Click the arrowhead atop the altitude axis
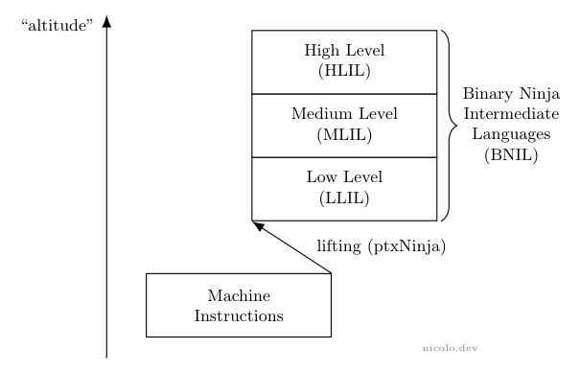click(x=107, y=18)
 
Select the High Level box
click(x=343, y=61)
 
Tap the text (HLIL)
click(x=343, y=71)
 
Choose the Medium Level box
click(x=343, y=125)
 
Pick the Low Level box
click(x=343, y=189)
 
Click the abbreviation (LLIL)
click(x=343, y=198)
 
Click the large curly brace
click(x=448, y=125)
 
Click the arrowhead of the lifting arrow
click(x=257, y=225)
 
